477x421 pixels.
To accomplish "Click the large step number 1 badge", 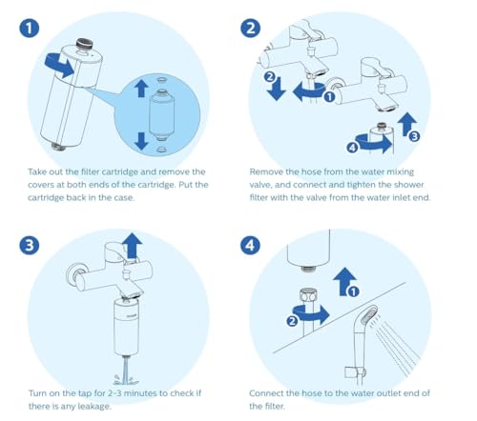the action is point(29,29).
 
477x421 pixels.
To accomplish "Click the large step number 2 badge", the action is point(250,29).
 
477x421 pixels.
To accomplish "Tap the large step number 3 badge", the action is point(29,246).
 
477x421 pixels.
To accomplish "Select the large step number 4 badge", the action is point(250,246).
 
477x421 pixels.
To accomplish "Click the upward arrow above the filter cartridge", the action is point(141,89).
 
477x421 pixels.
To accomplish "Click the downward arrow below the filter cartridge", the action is point(141,141).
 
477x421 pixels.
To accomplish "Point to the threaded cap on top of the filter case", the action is point(85,44).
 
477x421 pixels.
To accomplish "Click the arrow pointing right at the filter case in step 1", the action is point(60,66).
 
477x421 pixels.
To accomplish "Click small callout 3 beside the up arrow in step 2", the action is point(414,136).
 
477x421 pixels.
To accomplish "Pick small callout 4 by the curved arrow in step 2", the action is point(352,148).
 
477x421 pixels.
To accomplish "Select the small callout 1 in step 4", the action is point(353,291).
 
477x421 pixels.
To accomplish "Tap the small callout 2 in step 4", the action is point(292,321).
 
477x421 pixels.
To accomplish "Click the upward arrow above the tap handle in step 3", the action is point(132,247).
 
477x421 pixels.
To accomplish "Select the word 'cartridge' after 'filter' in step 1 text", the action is point(120,171).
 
